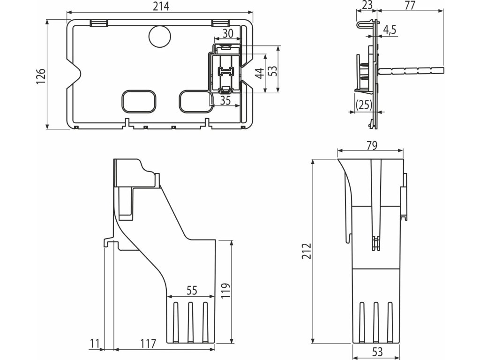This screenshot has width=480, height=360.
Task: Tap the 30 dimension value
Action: click(x=227, y=34)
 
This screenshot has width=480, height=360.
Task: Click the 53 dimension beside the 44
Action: click(x=272, y=70)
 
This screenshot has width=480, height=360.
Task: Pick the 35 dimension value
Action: click(x=225, y=100)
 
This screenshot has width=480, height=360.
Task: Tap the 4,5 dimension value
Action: click(x=390, y=29)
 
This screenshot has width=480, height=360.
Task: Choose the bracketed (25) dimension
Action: click(x=363, y=104)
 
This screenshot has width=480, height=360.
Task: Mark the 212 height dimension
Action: click(x=307, y=253)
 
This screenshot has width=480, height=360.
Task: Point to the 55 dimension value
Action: click(x=191, y=291)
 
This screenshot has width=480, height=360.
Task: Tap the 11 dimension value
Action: click(x=95, y=344)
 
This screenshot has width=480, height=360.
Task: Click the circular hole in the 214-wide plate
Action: click(x=159, y=36)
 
